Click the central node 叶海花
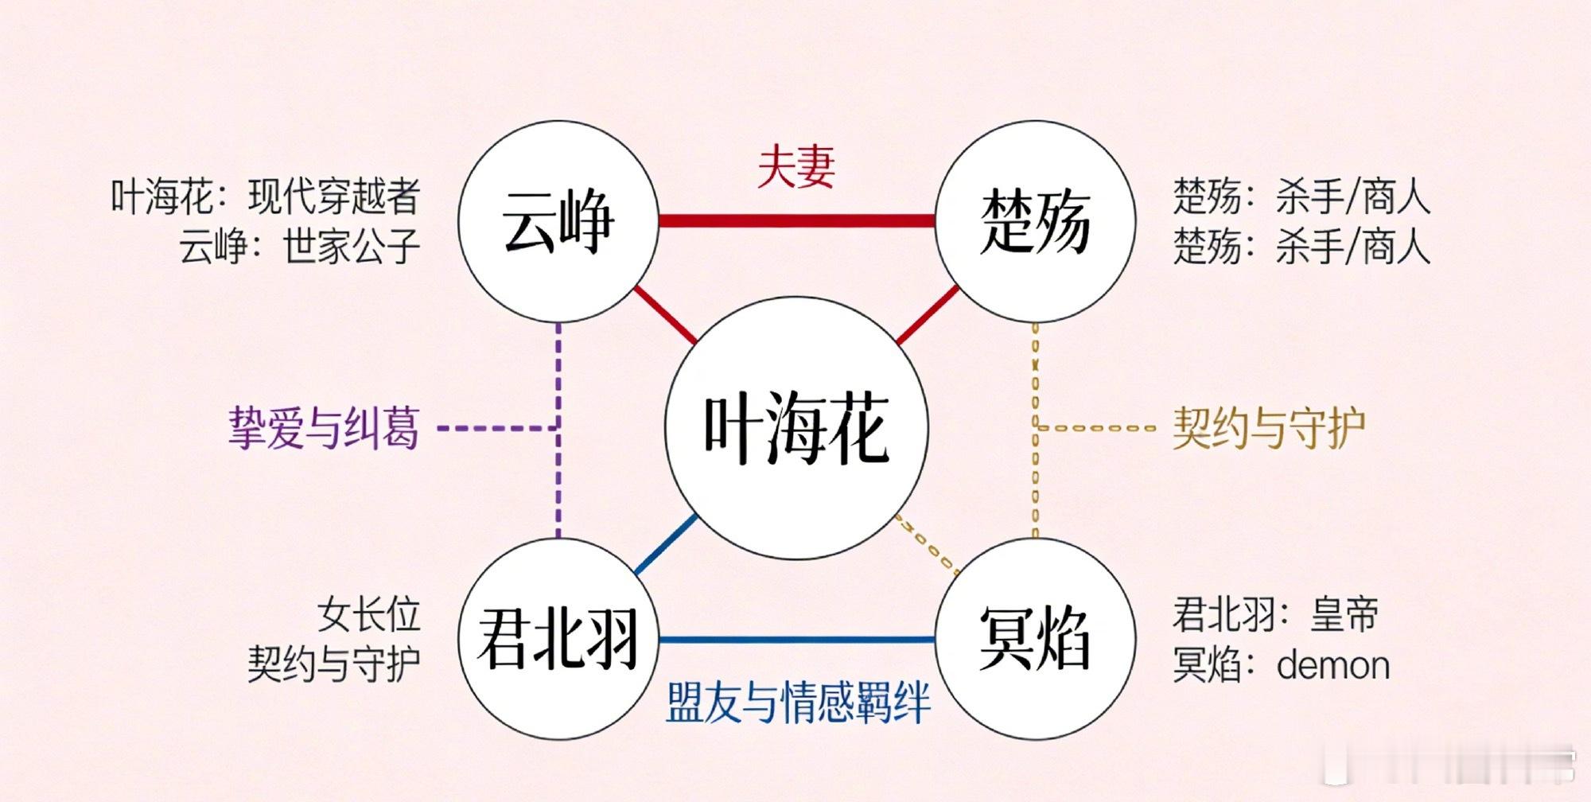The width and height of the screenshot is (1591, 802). [796, 428]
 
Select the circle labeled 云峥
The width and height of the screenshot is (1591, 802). [558, 222]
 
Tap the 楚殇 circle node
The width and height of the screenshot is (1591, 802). [1035, 222]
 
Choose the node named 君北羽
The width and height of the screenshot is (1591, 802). [558, 639]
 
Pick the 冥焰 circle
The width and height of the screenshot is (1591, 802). [1035, 639]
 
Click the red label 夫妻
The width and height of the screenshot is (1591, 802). [796, 166]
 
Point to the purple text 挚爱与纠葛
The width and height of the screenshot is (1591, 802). [324, 428]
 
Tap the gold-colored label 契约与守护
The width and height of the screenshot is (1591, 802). [1270, 428]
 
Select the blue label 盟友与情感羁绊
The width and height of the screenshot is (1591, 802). [798, 702]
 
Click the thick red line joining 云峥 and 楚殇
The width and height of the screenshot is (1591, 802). [796, 220]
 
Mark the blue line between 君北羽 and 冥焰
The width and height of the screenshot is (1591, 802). [796, 639]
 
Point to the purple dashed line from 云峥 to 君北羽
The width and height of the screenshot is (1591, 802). [558, 430]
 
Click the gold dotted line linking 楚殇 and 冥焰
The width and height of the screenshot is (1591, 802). [1035, 430]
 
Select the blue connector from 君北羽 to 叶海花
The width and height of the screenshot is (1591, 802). [667, 544]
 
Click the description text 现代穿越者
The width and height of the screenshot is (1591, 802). [333, 197]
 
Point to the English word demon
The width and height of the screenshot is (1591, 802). [1333, 665]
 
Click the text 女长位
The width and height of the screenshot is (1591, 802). [368, 614]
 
